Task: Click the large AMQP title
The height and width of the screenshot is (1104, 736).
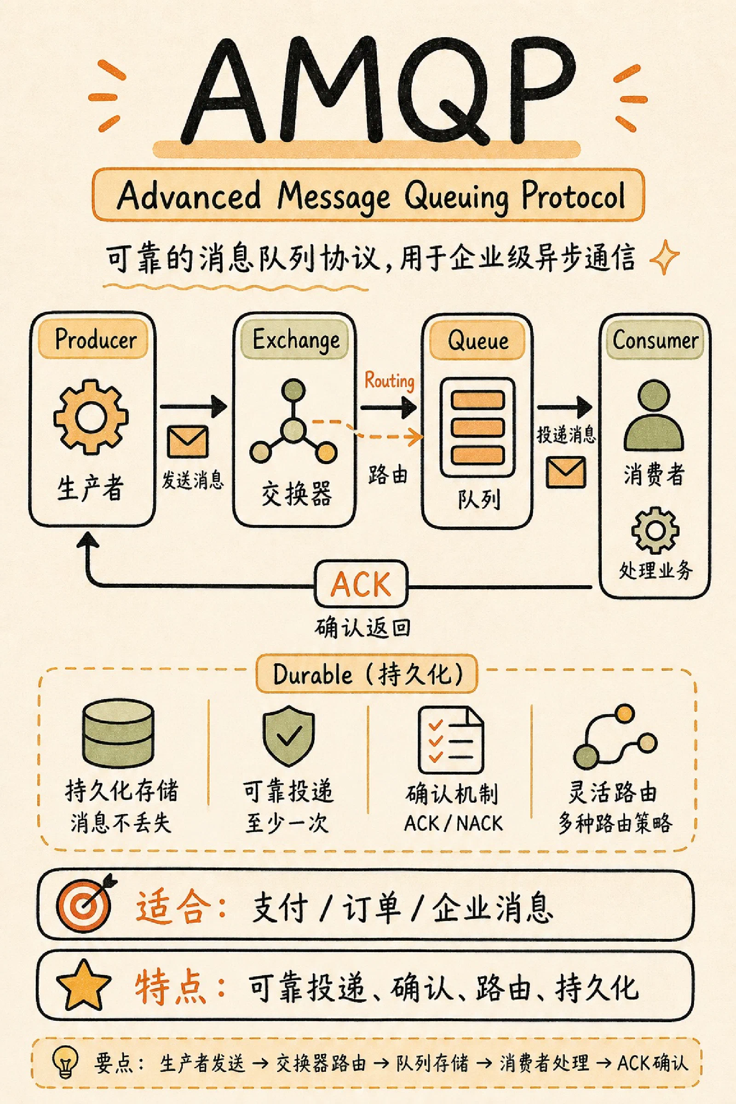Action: (x=378, y=92)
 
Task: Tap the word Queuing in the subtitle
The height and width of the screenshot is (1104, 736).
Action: (x=456, y=197)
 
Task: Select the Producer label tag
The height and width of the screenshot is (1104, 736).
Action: (x=93, y=339)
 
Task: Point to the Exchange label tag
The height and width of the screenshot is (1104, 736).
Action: (x=295, y=339)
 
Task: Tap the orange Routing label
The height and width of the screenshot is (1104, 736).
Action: (x=389, y=380)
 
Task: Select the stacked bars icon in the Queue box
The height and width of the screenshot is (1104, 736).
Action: (x=477, y=427)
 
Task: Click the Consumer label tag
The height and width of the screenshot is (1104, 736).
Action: (x=655, y=340)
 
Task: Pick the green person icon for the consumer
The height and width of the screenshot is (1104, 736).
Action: (x=653, y=416)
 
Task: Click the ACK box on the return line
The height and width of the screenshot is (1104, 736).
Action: (x=361, y=584)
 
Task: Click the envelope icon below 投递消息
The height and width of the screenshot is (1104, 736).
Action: (x=566, y=472)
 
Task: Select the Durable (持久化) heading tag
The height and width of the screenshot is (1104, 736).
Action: (x=367, y=674)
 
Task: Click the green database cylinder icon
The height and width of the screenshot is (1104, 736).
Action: (x=118, y=733)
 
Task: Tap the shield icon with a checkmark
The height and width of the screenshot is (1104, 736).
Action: (x=288, y=735)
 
